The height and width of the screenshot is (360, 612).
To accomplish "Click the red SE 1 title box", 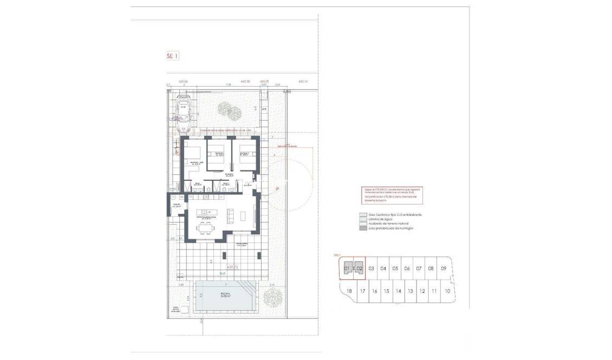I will click(x=172, y=55).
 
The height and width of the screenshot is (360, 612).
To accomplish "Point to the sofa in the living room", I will click(x=231, y=216).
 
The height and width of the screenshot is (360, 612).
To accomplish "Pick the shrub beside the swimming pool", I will click(x=272, y=296).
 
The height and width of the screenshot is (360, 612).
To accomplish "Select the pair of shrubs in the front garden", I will click(x=229, y=110).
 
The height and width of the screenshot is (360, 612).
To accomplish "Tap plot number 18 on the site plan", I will click(x=349, y=291).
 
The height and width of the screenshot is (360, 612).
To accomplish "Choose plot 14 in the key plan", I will click(x=398, y=291).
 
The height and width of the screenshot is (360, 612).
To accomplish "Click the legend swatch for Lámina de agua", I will click(x=363, y=219).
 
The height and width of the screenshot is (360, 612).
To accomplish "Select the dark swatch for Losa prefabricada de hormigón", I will click(x=363, y=228).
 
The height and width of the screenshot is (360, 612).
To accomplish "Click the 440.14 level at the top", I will click(x=302, y=82).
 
